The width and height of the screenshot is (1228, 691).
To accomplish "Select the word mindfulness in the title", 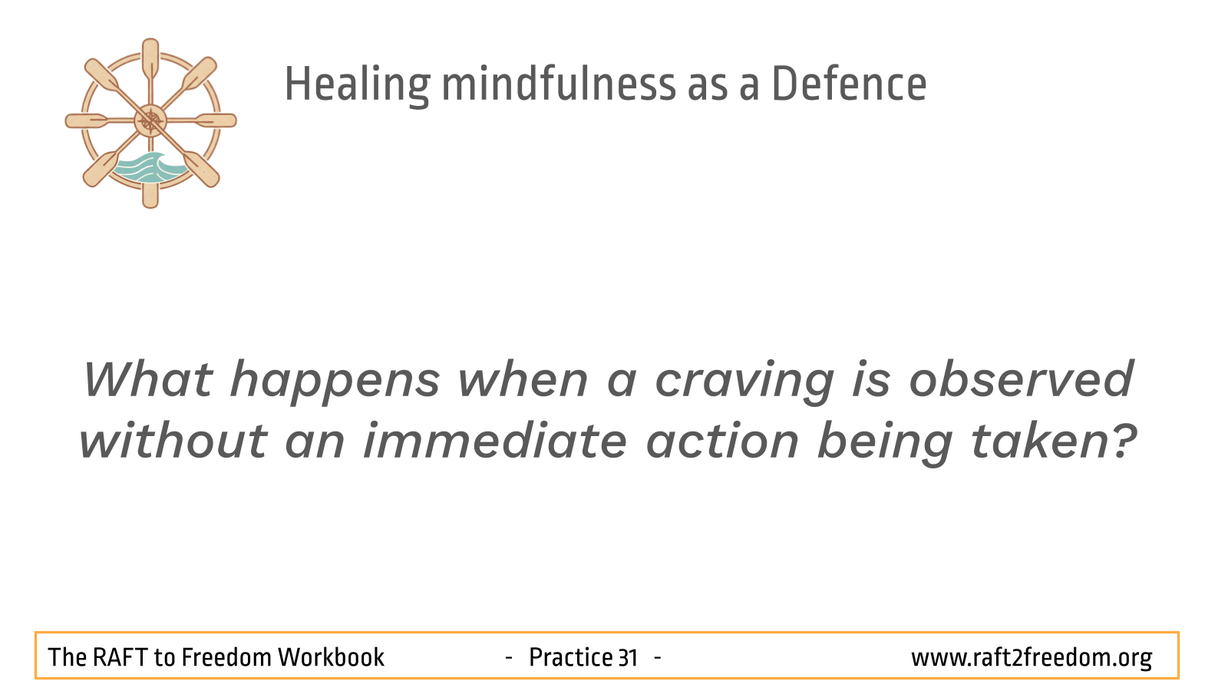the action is (559, 84).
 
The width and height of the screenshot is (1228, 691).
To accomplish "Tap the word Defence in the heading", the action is (849, 84).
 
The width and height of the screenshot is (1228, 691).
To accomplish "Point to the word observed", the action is (1022, 379).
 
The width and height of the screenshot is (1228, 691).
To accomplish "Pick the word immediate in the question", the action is (495, 441).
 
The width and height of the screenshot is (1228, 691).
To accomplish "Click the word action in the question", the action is (722, 441).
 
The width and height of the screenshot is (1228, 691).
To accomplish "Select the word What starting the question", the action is (148, 379).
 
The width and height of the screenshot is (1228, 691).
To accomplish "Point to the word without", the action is (173, 441).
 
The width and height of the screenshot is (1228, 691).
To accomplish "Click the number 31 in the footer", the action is (628, 657).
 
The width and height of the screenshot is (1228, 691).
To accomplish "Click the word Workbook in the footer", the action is (331, 657).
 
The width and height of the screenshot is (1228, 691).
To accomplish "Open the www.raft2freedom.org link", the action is (1032, 658).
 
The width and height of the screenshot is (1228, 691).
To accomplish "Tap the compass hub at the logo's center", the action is (150, 121).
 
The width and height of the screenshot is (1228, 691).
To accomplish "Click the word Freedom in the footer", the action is (226, 657).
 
